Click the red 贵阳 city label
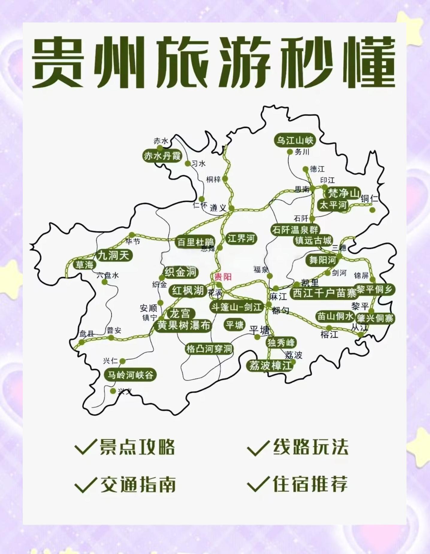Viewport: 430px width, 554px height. click(223, 277)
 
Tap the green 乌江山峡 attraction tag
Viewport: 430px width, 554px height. click(295, 140)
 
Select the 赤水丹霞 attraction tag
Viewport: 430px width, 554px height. click(162, 156)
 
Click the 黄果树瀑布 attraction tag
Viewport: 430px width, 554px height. click(183, 325)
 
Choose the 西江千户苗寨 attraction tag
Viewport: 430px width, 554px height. click(325, 293)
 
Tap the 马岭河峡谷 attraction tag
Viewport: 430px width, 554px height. click(130, 375)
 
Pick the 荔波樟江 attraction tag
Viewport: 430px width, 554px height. click(270, 366)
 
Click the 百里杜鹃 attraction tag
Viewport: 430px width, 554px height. click(195, 242)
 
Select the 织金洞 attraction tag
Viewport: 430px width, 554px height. click(180, 272)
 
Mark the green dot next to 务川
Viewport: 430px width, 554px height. click(289, 152)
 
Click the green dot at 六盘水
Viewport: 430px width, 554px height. click(104, 282)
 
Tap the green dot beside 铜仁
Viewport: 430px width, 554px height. click(372, 210)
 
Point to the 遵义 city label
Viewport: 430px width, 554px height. click(218, 208)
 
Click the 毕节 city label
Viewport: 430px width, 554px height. click(133, 241)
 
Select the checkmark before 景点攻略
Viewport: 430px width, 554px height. click(86, 447)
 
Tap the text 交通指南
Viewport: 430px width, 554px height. click(138, 484)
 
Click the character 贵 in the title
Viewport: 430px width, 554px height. click(59, 62)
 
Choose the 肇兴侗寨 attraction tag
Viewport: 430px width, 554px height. click(375, 318)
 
